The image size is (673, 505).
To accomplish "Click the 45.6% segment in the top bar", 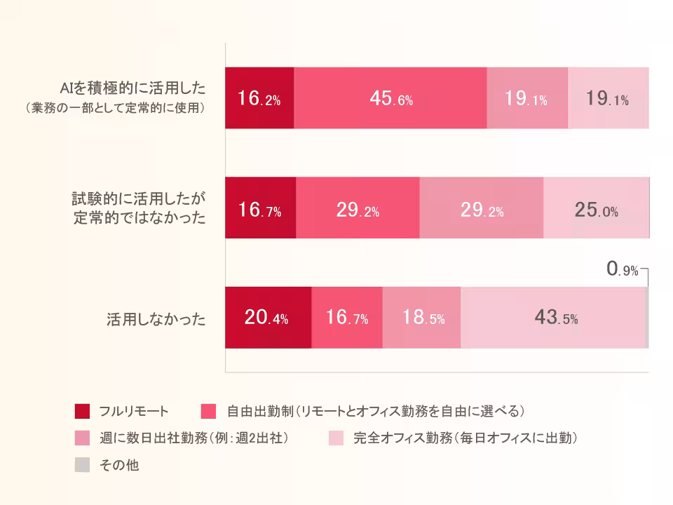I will pyautogui.click(x=390, y=98).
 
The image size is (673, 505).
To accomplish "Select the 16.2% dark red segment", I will pyautogui.click(x=259, y=98).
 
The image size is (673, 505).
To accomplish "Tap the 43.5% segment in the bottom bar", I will pyautogui.click(x=552, y=318).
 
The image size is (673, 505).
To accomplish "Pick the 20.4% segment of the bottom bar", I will pyautogui.click(x=267, y=318).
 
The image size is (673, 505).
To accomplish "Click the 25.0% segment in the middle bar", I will pyautogui.click(x=596, y=208).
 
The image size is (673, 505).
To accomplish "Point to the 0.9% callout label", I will pyautogui.click(x=622, y=269).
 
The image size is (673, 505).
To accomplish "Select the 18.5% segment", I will pyautogui.click(x=422, y=318).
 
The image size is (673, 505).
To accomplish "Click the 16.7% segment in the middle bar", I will pyautogui.click(x=260, y=208).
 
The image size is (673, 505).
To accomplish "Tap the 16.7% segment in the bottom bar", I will pyautogui.click(x=347, y=318).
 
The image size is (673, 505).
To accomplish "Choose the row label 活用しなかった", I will pyautogui.click(x=156, y=320).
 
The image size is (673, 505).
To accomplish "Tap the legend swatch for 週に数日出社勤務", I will pyautogui.click(x=82, y=438).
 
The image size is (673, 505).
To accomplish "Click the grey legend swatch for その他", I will pyautogui.click(x=82, y=465).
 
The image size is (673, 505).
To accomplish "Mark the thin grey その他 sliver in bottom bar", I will pyautogui.click(x=646, y=318).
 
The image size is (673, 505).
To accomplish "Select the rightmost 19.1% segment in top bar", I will pyautogui.click(x=608, y=98).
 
